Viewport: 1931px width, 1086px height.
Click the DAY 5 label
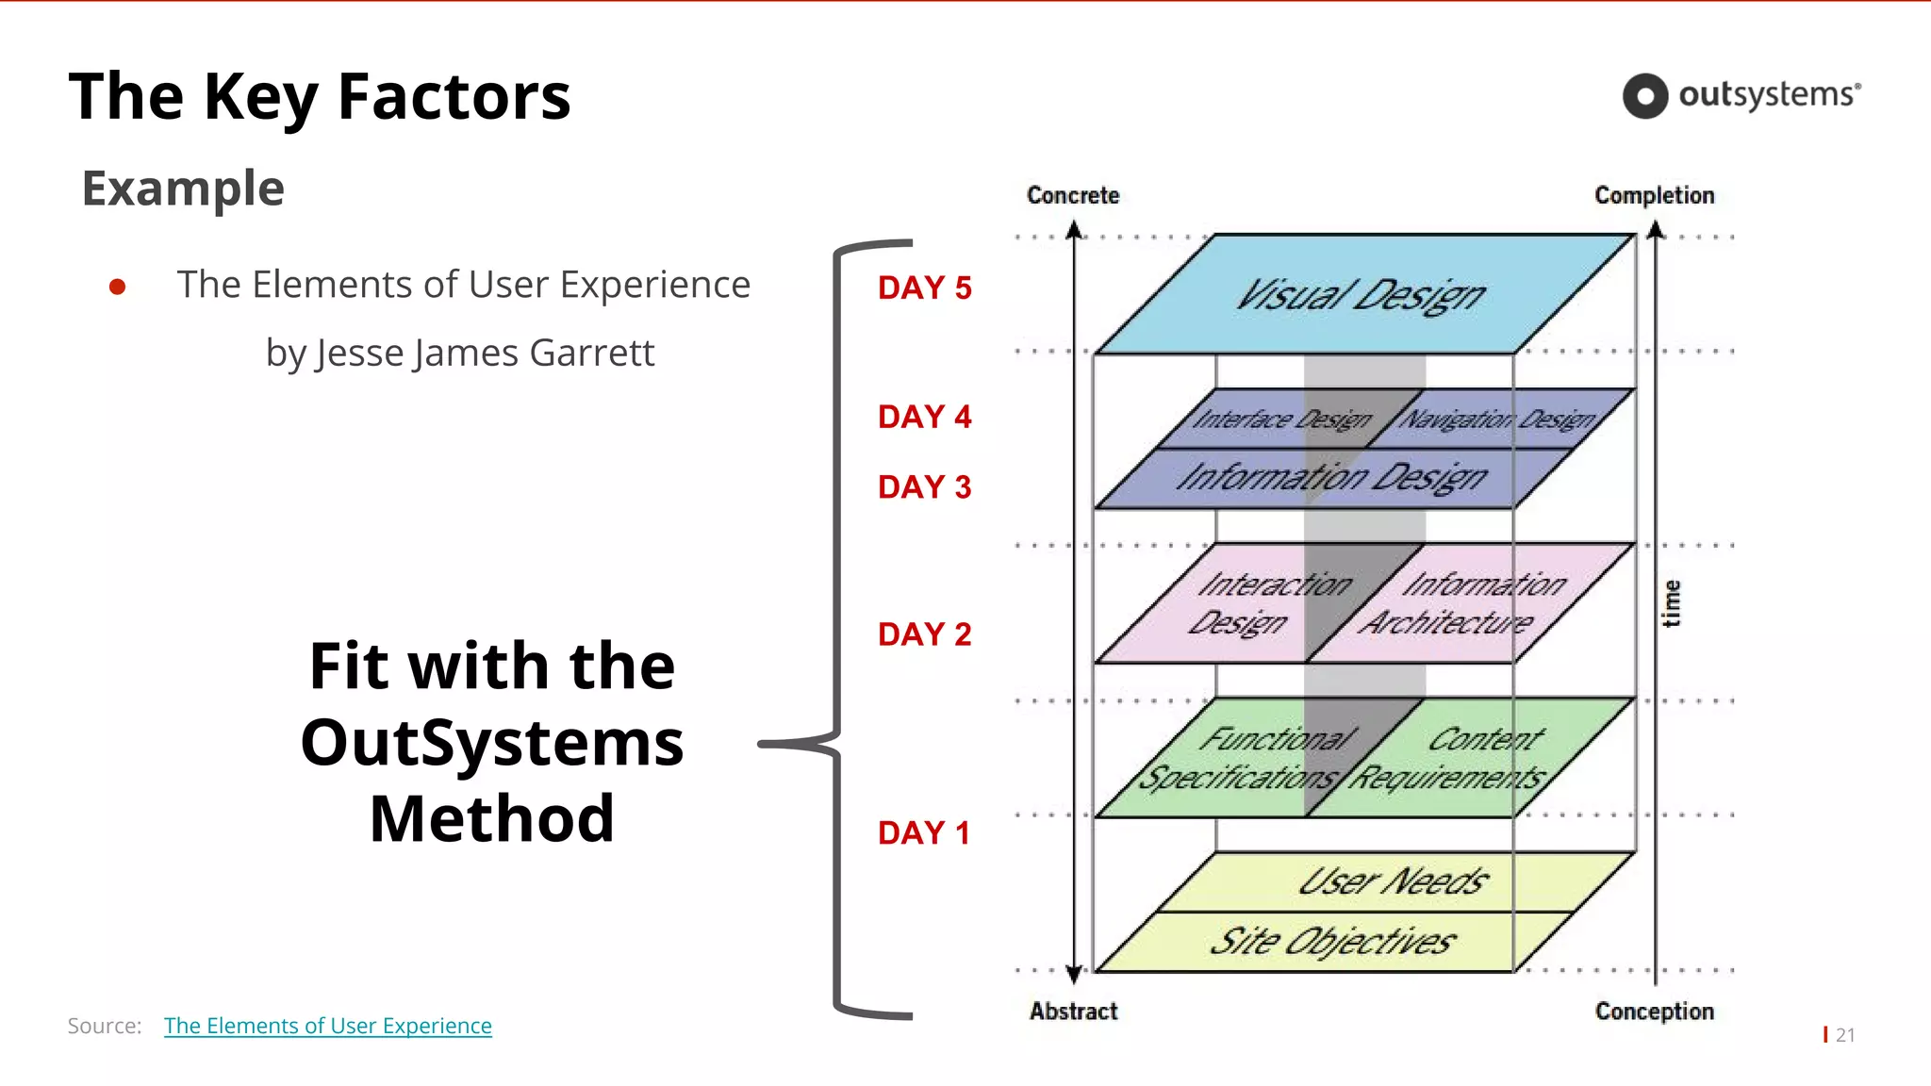click(x=924, y=288)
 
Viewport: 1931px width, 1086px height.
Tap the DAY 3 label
click(x=924, y=487)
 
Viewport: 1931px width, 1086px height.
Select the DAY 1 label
click(x=924, y=833)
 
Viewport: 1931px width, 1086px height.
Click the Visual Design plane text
click(x=1361, y=296)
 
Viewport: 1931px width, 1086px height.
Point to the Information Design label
click(x=1331, y=478)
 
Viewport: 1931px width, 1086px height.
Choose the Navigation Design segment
click(x=1496, y=419)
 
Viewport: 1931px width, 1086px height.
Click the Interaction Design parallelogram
click(x=1254, y=603)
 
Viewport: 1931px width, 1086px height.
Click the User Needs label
click(x=1393, y=882)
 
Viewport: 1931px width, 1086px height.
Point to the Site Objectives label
click(x=1331, y=942)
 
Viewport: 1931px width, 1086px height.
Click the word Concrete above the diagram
click(x=1073, y=195)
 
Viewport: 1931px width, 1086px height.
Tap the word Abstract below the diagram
click(x=1073, y=1012)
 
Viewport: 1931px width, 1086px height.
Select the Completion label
click(x=1654, y=195)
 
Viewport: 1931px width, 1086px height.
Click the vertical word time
click(x=1671, y=603)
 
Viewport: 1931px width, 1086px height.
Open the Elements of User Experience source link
click(x=327, y=1026)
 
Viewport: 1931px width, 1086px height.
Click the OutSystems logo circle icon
click(x=1645, y=96)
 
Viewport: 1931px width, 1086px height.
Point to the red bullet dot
click(x=118, y=287)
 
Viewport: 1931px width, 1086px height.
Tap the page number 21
click(x=1845, y=1035)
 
